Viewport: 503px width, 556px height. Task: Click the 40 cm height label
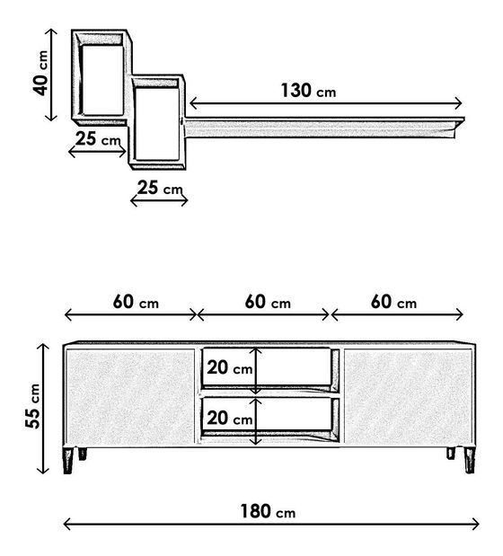[x=40, y=73]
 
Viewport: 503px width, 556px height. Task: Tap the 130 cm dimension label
[x=308, y=91]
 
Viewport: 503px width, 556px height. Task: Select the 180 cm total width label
[x=268, y=511]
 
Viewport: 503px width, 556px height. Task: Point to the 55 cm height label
[x=33, y=406]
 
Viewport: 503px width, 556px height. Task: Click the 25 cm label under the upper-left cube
[x=98, y=138]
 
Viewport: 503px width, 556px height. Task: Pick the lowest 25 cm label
[x=160, y=188]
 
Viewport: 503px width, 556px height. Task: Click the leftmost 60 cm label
[x=136, y=302]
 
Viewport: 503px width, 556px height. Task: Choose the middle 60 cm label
[x=268, y=302]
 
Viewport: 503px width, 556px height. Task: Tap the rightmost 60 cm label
[x=393, y=302]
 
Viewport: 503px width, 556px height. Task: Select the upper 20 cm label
[x=230, y=367]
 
